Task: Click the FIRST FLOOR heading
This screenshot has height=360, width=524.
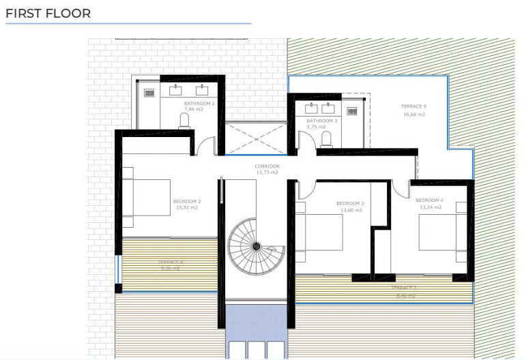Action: tap(48, 14)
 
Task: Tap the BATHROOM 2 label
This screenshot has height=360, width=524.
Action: tap(199, 103)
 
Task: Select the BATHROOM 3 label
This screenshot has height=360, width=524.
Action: tap(321, 121)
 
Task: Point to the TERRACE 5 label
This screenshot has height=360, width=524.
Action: tap(414, 106)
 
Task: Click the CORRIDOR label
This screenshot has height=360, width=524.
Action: tap(267, 166)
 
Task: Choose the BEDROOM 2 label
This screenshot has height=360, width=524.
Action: tap(187, 201)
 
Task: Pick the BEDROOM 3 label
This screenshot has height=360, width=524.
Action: tap(350, 203)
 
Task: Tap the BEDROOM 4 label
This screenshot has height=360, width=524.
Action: tap(430, 200)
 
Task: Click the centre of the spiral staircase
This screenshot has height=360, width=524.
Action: tap(256, 245)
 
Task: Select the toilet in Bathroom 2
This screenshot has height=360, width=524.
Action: tap(184, 121)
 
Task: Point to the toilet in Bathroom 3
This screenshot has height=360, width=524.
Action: tap(326, 138)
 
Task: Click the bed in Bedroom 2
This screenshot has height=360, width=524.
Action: tap(146, 197)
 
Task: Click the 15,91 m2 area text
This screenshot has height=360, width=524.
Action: tap(187, 208)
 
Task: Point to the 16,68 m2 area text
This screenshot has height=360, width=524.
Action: tap(414, 115)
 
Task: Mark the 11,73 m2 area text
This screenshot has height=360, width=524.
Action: tap(267, 172)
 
